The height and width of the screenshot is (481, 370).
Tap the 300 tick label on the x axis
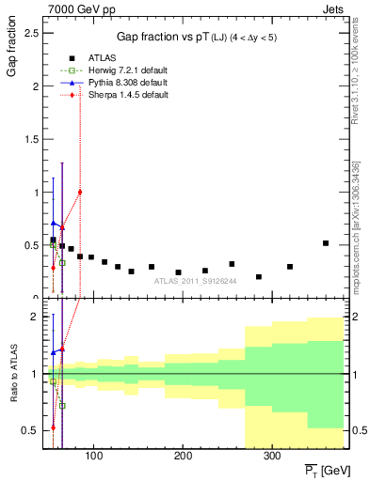[x=271, y=457]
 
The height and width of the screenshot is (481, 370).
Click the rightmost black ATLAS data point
[x=326, y=243]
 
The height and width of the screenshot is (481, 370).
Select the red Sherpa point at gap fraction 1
[x=80, y=193]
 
